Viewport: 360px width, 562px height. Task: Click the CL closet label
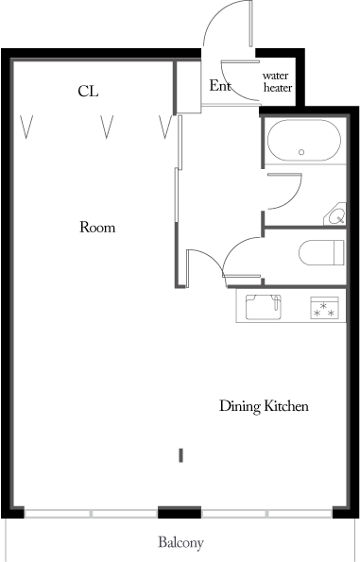pyautogui.click(x=88, y=92)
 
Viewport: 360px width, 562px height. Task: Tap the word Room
pyautogui.click(x=97, y=228)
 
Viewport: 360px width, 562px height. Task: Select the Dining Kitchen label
pyautogui.click(x=264, y=406)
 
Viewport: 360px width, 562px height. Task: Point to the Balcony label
pyautogui.click(x=180, y=543)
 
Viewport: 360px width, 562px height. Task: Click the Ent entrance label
pyautogui.click(x=219, y=86)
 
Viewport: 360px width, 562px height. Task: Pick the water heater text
pyautogui.click(x=277, y=82)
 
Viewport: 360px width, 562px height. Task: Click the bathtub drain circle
pyautogui.click(x=301, y=152)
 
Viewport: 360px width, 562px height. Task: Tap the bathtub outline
pyautogui.click(x=303, y=141)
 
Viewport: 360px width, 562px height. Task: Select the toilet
pyautogui.click(x=321, y=253)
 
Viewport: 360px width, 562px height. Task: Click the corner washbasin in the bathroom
pyautogui.click(x=335, y=215)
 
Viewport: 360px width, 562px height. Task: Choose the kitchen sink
pyautogui.click(x=264, y=307)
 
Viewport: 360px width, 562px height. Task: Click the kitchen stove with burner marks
pyautogui.click(x=324, y=308)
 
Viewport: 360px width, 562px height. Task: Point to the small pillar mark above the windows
pyautogui.click(x=180, y=455)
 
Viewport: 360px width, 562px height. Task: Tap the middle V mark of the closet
pyautogui.click(x=107, y=127)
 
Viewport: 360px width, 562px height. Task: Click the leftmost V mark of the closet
pyautogui.click(x=26, y=127)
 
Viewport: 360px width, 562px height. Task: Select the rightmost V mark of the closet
pyautogui.click(x=165, y=127)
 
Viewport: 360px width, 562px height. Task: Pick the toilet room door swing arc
pyautogui.click(x=235, y=247)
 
